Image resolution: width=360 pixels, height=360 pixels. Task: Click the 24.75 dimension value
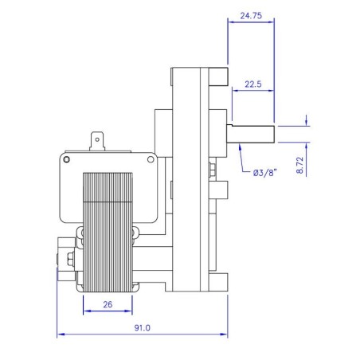(251, 14)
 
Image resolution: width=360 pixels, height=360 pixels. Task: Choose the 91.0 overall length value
(144, 327)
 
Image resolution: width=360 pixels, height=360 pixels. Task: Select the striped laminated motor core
(108, 231)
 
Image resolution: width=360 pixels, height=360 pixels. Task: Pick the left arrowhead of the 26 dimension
(84, 311)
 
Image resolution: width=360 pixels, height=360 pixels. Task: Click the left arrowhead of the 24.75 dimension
(230, 22)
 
